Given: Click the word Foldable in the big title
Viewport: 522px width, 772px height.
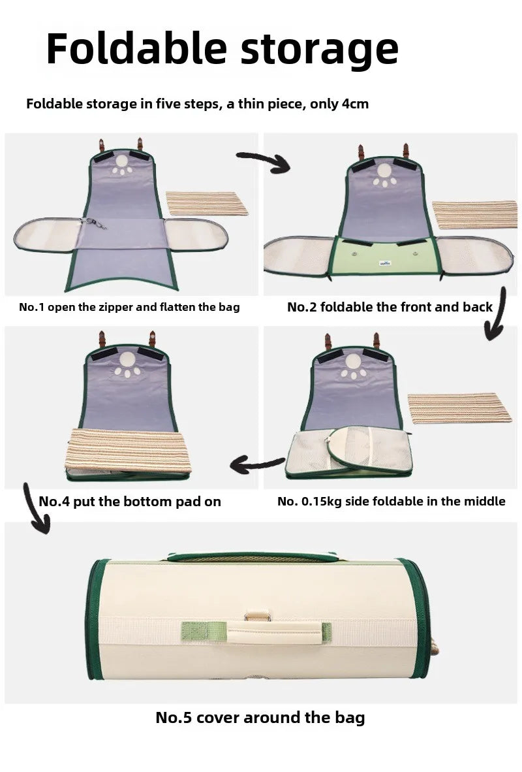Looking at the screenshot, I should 138,49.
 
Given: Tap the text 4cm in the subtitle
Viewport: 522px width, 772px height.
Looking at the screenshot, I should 355,104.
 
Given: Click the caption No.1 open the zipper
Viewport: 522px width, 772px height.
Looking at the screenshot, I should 129,307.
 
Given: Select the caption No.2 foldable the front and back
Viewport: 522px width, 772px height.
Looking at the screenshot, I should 390,307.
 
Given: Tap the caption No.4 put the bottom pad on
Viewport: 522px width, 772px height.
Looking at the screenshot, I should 130,502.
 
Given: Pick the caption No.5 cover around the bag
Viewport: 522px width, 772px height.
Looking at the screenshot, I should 260,717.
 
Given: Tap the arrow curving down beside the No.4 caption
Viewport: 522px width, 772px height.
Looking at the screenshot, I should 35,509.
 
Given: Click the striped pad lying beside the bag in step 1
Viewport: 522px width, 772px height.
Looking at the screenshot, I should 207,202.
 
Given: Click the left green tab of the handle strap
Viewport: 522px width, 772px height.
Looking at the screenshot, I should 194,630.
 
